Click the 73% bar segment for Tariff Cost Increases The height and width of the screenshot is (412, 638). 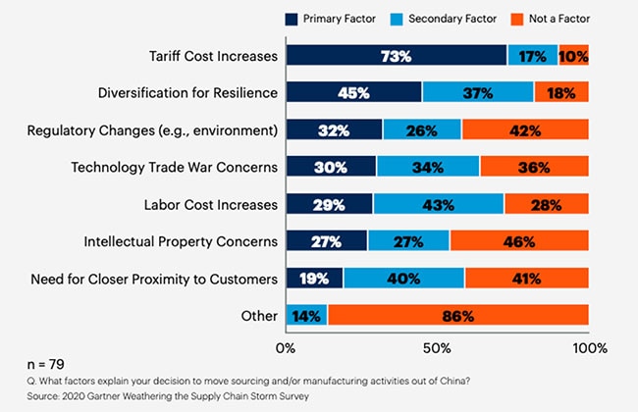[397, 56]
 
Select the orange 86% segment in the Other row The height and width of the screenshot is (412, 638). [458, 316]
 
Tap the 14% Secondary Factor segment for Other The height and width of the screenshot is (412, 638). [306, 316]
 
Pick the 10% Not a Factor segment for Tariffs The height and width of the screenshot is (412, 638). [573, 56]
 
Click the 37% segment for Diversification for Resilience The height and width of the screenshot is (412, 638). [478, 92]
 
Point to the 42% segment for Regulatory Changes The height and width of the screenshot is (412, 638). [525, 129]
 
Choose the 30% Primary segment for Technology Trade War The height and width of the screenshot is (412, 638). [331, 167]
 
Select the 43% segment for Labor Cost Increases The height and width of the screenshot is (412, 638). [438, 204]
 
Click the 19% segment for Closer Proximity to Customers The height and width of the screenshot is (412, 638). [314, 279]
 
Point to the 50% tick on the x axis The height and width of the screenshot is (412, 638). [437, 347]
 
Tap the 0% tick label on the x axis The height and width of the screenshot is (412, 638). [287, 347]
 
